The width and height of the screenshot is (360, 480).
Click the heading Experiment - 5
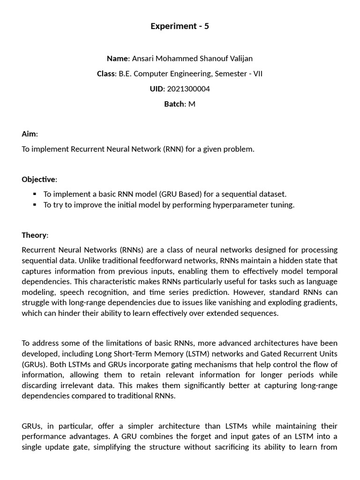tap(180, 26)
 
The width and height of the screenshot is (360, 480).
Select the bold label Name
tap(117, 59)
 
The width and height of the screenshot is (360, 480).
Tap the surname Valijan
tap(239, 59)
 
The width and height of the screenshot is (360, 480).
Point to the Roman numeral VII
tap(257, 74)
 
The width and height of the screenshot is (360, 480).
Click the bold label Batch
tap(174, 104)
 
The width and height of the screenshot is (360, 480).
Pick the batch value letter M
tap(192, 104)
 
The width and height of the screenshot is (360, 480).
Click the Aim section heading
tap(29, 134)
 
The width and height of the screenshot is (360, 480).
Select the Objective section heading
tap(38, 179)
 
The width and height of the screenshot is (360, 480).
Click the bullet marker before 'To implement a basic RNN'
tap(34, 194)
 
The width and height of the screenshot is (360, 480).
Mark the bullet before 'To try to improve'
tap(34, 205)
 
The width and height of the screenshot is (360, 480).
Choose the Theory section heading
tap(34, 235)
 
